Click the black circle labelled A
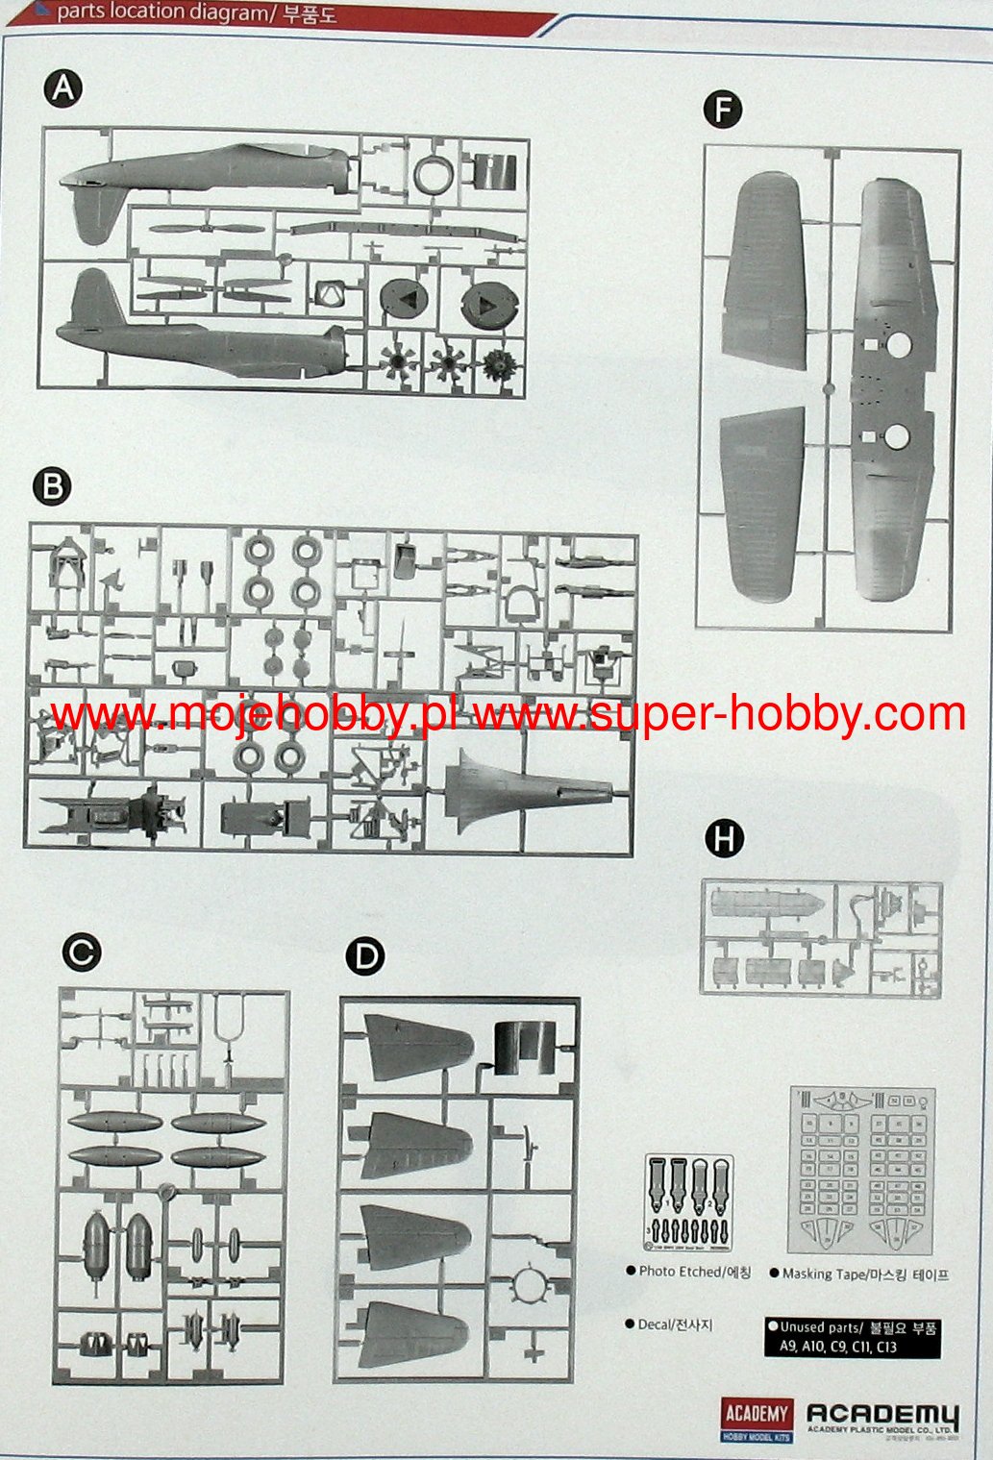63,89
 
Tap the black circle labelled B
53,487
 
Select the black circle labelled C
81,952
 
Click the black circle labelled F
723,110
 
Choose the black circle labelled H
725,839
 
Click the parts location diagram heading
196,13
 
